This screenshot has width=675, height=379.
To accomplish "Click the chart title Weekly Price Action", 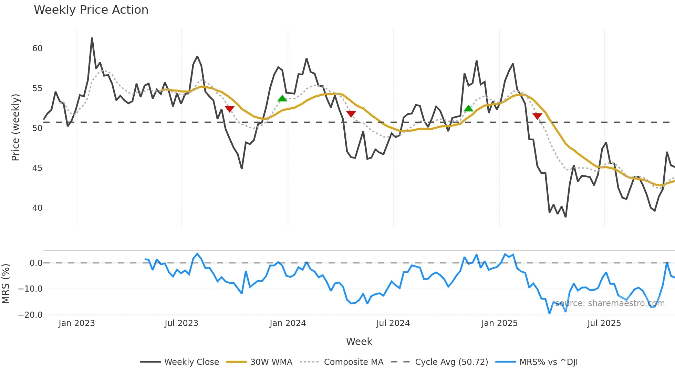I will point(91,10).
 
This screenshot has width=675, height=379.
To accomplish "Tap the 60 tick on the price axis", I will point(37,48).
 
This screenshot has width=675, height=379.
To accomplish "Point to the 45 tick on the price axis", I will point(37,168).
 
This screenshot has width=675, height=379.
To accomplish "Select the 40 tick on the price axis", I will point(37,208).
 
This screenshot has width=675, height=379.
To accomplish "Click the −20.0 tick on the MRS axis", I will point(30,315).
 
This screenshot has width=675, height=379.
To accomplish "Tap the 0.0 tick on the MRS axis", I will point(36,263).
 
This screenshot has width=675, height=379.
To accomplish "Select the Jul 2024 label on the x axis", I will point(393,323).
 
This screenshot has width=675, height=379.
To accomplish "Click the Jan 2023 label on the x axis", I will point(76,323).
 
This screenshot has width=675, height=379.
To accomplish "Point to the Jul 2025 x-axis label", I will point(604,323).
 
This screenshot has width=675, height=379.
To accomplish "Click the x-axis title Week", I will point(359,342).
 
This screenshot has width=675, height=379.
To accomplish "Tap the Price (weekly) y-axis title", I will point(15,127).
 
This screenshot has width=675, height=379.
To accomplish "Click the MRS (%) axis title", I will point(6,283).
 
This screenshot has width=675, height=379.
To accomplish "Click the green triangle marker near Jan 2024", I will point(282,99).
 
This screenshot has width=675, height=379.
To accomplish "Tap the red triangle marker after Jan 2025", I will point(537,116).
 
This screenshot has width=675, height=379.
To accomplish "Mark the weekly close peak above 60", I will point(92,38).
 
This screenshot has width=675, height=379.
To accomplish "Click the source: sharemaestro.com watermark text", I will point(610,303).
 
